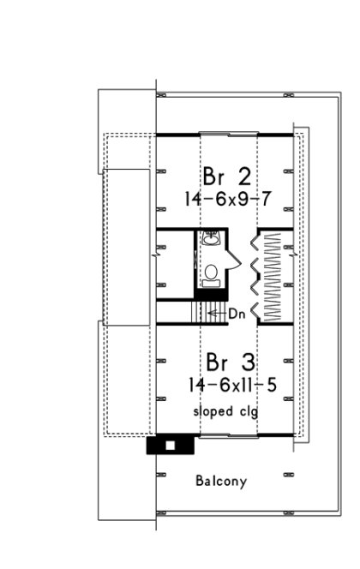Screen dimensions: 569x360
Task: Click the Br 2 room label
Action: tap(227, 176)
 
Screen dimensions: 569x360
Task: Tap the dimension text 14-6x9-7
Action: tap(228, 199)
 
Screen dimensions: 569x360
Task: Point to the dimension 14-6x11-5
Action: tap(229, 386)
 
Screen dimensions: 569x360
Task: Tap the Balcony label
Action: tap(220, 482)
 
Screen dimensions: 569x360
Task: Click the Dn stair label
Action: tap(239, 315)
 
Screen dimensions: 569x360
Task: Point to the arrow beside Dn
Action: tap(215, 315)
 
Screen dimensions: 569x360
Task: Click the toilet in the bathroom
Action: tap(211, 273)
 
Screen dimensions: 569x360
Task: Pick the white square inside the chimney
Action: tap(170, 446)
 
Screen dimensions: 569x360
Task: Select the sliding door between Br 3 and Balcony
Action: tap(227, 438)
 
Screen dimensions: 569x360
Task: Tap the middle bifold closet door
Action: tap(254, 273)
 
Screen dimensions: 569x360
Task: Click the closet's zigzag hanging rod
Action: tap(274, 274)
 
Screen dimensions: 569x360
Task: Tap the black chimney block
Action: tap(159, 446)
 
